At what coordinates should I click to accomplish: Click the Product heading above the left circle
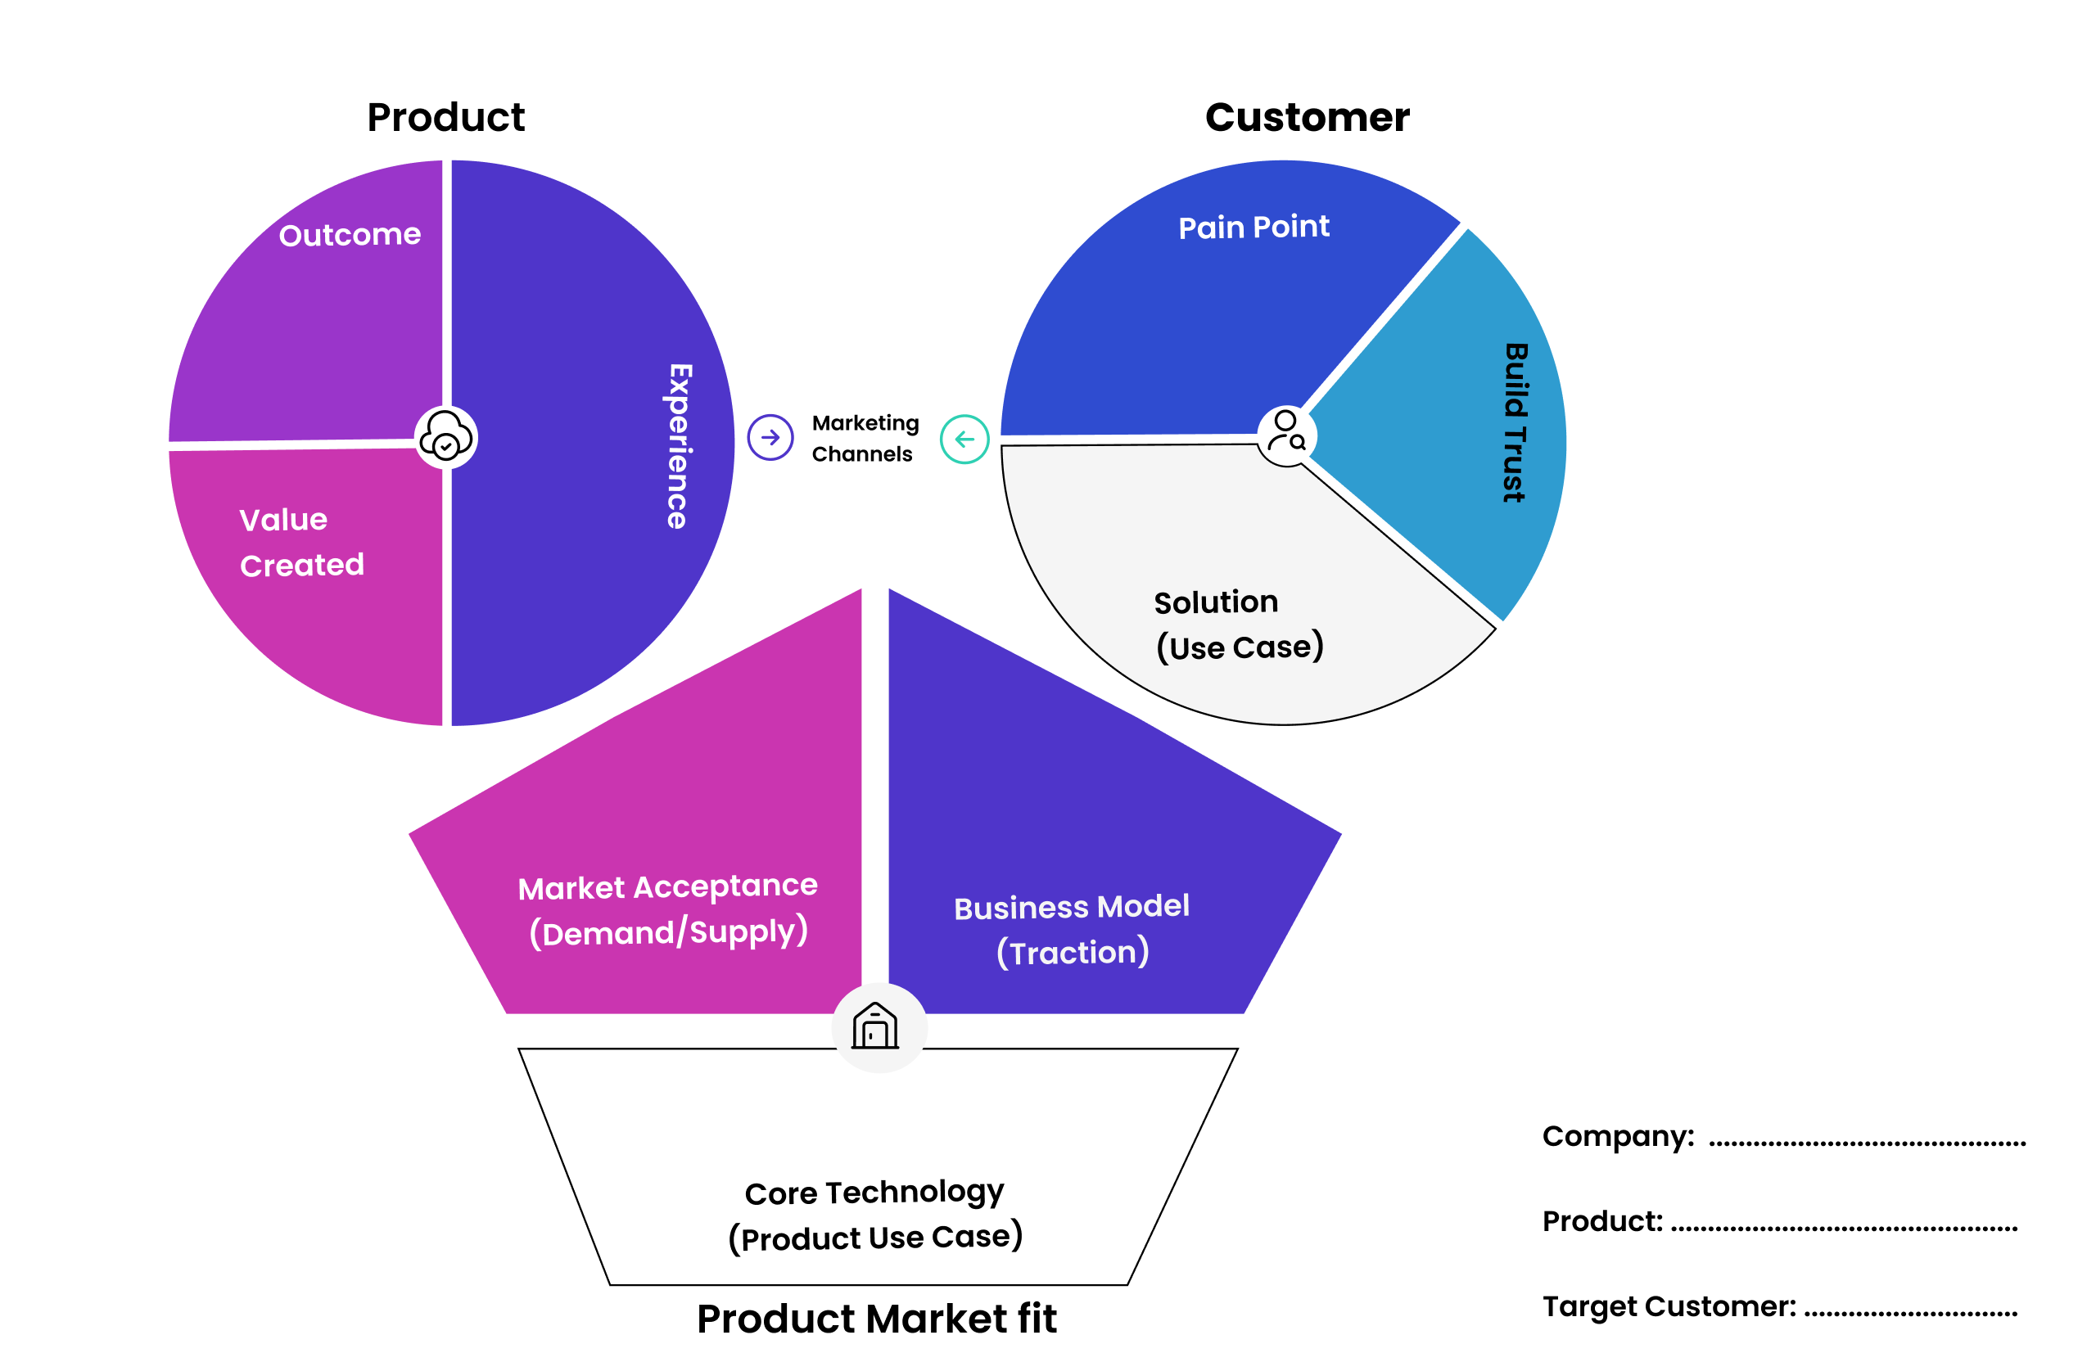click(445, 118)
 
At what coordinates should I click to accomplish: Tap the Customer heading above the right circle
click(1307, 118)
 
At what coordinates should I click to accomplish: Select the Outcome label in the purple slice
click(350, 235)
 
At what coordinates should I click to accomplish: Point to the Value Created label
click(301, 543)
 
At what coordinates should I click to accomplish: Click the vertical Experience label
click(679, 445)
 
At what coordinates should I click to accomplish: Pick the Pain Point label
click(1254, 228)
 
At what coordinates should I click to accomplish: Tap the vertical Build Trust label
click(1515, 422)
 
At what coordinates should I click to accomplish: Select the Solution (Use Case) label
click(1238, 625)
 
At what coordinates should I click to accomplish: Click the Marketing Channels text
click(865, 439)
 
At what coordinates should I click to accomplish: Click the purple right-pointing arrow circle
click(770, 438)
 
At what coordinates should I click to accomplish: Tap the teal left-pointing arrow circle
click(964, 439)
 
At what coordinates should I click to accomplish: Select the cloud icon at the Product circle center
click(445, 437)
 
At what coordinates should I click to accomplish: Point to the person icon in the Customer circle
click(1286, 432)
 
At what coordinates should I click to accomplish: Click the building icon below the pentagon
click(875, 1026)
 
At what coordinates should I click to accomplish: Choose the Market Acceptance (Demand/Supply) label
click(667, 909)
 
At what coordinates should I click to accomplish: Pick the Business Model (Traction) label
click(1072, 929)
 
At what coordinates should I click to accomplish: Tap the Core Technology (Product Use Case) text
click(874, 1215)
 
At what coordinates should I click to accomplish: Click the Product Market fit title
click(876, 1319)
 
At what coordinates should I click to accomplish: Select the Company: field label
click(1618, 1136)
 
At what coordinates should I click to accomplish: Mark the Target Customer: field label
click(1669, 1306)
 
